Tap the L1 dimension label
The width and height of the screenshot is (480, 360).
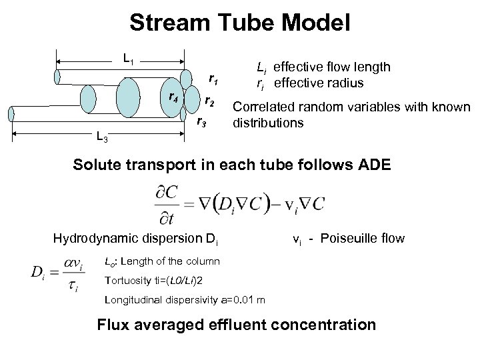129,58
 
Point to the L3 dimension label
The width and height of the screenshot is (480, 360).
101,138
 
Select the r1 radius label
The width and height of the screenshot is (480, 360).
213,80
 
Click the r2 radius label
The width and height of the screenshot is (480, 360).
209,102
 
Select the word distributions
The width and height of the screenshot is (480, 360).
267,123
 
